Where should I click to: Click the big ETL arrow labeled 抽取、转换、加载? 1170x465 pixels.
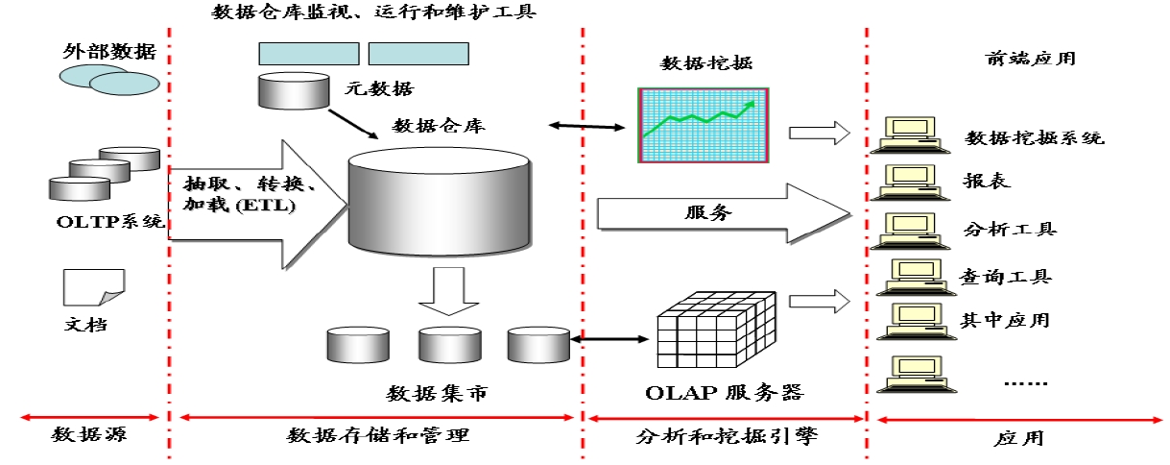(x=254, y=203)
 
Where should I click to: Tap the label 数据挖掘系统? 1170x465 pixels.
(x=1035, y=138)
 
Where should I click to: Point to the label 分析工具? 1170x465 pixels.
(x=1010, y=230)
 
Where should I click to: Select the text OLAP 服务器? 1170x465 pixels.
(x=723, y=393)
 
